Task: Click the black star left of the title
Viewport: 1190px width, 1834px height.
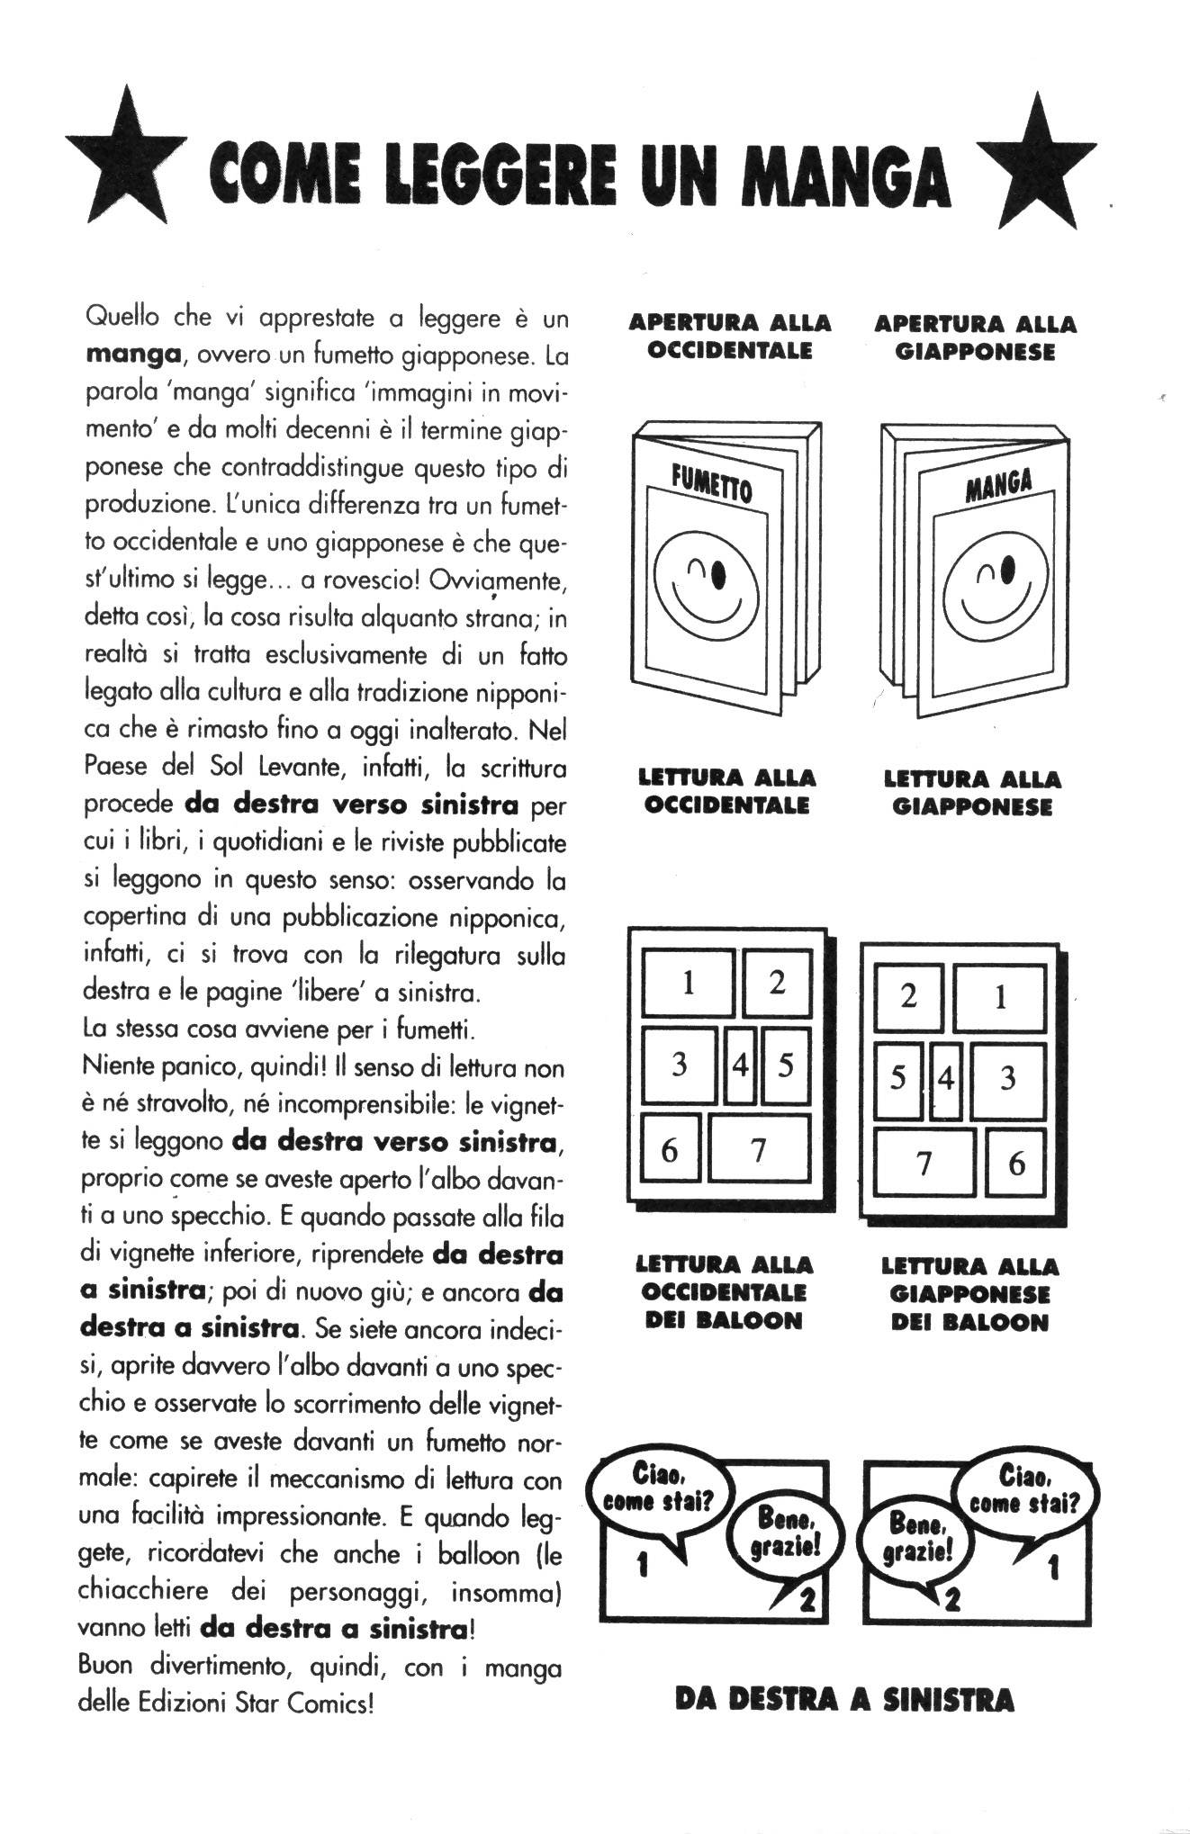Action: coord(126,162)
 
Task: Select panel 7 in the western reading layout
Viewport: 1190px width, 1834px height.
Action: coord(759,1148)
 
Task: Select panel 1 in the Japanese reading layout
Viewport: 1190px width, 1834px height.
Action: coord(1000,997)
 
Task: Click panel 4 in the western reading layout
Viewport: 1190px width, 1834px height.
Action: coord(740,1065)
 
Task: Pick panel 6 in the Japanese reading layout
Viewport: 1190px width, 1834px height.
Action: coord(1016,1164)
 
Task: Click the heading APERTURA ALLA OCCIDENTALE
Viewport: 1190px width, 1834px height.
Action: coord(729,336)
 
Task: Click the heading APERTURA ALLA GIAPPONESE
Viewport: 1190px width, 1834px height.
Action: coord(975,337)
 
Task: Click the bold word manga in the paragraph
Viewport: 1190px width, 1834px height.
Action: coord(128,355)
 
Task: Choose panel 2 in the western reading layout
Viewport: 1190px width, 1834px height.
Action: coord(776,982)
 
